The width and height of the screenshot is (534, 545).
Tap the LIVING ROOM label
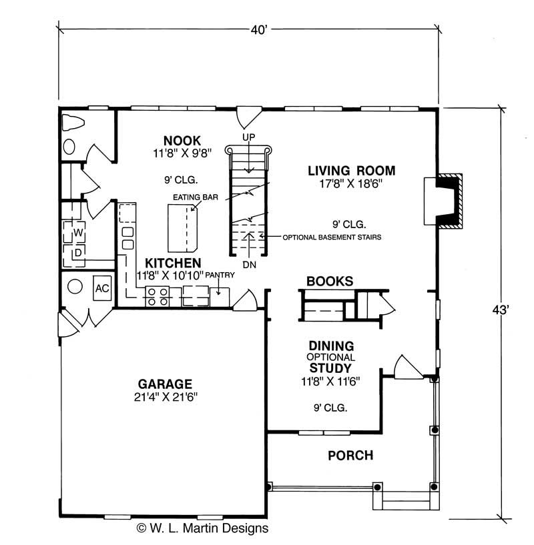pyautogui.click(x=351, y=170)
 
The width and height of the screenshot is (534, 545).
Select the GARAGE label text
pyautogui.click(x=165, y=384)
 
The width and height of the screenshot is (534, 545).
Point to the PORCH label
pyautogui.click(x=350, y=456)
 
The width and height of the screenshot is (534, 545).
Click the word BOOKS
pyautogui.click(x=330, y=282)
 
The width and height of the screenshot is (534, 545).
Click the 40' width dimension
pyautogui.click(x=257, y=29)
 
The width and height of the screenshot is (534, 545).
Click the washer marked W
pyautogui.click(x=78, y=233)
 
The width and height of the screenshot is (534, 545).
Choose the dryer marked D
pyautogui.click(x=78, y=253)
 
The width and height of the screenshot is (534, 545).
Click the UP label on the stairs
pyautogui.click(x=250, y=136)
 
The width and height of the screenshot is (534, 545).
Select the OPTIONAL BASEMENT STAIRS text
pyautogui.click(x=332, y=237)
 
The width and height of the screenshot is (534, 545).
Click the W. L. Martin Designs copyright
pyautogui.click(x=202, y=528)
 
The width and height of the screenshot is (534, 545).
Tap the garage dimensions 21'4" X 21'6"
pyautogui.click(x=165, y=397)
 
